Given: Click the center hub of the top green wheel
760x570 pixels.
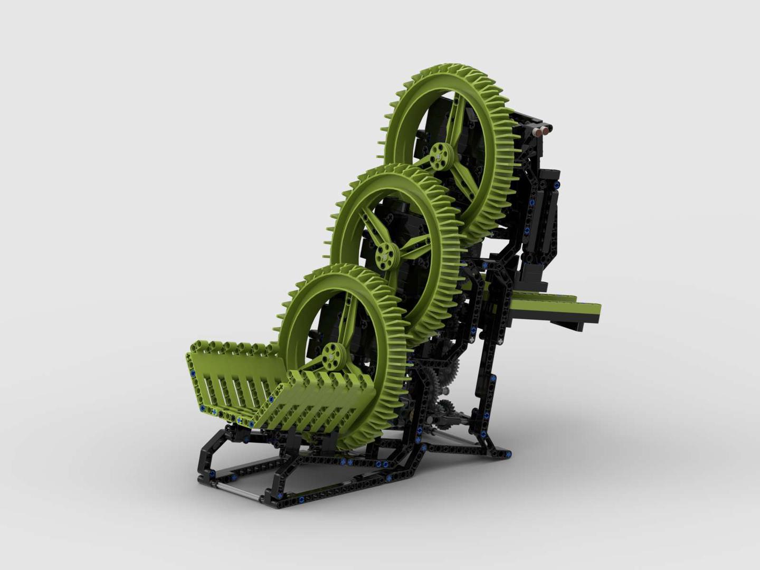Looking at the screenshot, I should coord(438,155).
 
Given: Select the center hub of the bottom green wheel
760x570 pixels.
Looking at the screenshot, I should coord(332,355).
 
